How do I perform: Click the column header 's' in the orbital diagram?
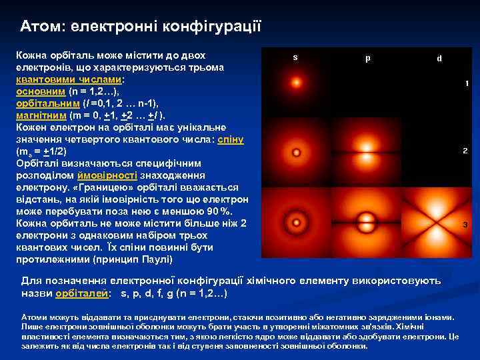pos(295,57)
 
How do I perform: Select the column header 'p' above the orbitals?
pos(368,57)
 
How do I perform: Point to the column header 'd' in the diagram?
pos(439,58)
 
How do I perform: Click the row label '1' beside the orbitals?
pos(467,83)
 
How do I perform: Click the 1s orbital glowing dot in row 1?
pos(295,84)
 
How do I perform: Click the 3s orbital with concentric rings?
pos(295,221)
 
